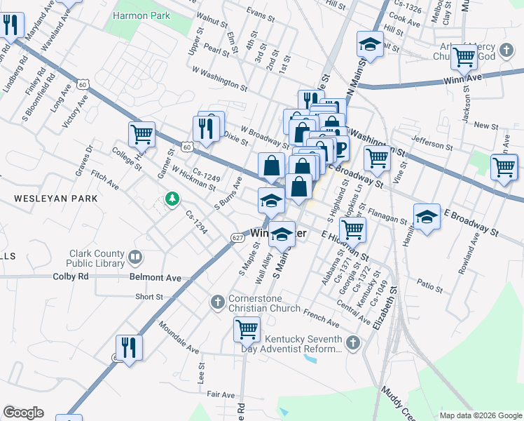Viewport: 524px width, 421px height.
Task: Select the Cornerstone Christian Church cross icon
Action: tap(217, 302)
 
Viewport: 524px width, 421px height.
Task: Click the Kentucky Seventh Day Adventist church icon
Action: tap(353, 342)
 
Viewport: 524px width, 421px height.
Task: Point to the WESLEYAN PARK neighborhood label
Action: tap(55, 199)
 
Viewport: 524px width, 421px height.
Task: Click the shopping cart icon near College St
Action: tap(142, 133)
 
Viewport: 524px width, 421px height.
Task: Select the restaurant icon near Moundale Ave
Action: tap(129, 347)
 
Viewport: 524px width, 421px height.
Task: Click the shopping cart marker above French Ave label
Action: tap(247, 328)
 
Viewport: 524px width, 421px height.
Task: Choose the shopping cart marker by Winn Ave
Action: tap(464, 58)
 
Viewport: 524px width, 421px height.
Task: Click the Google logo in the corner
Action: tap(23, 413)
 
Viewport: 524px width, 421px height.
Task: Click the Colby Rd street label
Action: tap(71, 276)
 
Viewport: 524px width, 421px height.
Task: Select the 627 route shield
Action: tap(237, 239)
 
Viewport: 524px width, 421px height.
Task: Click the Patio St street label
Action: tap(429, 288)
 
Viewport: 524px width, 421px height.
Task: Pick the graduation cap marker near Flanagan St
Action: tap(426, 217)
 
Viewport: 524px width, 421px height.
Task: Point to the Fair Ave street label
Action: tap(220, 395)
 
